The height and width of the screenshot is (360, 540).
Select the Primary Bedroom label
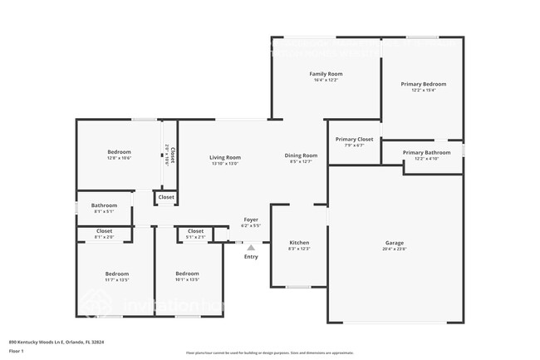(424, 84)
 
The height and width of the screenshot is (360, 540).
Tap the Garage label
(394, 243)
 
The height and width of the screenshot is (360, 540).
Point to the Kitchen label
(298, 243)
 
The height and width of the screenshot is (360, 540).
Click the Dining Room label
(301, 155)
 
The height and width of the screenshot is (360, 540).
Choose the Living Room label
(224, 157)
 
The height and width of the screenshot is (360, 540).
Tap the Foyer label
(250, 219)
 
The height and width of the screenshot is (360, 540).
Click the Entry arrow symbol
(250, 247)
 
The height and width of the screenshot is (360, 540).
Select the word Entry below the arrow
(251, 256)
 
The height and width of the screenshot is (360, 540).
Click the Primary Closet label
(354, 139)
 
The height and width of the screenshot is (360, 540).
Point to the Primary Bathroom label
(426, 152)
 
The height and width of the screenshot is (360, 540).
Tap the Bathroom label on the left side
(104, 205)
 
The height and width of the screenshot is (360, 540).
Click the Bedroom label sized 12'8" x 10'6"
(119, 152)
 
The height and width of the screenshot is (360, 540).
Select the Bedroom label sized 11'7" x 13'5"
(116, 274)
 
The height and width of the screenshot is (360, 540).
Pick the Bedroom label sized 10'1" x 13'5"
(187, 274)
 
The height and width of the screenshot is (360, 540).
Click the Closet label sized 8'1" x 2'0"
(104, 231)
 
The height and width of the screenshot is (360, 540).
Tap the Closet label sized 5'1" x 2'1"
(195, 231)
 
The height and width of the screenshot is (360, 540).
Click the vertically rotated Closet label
(169, 154)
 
